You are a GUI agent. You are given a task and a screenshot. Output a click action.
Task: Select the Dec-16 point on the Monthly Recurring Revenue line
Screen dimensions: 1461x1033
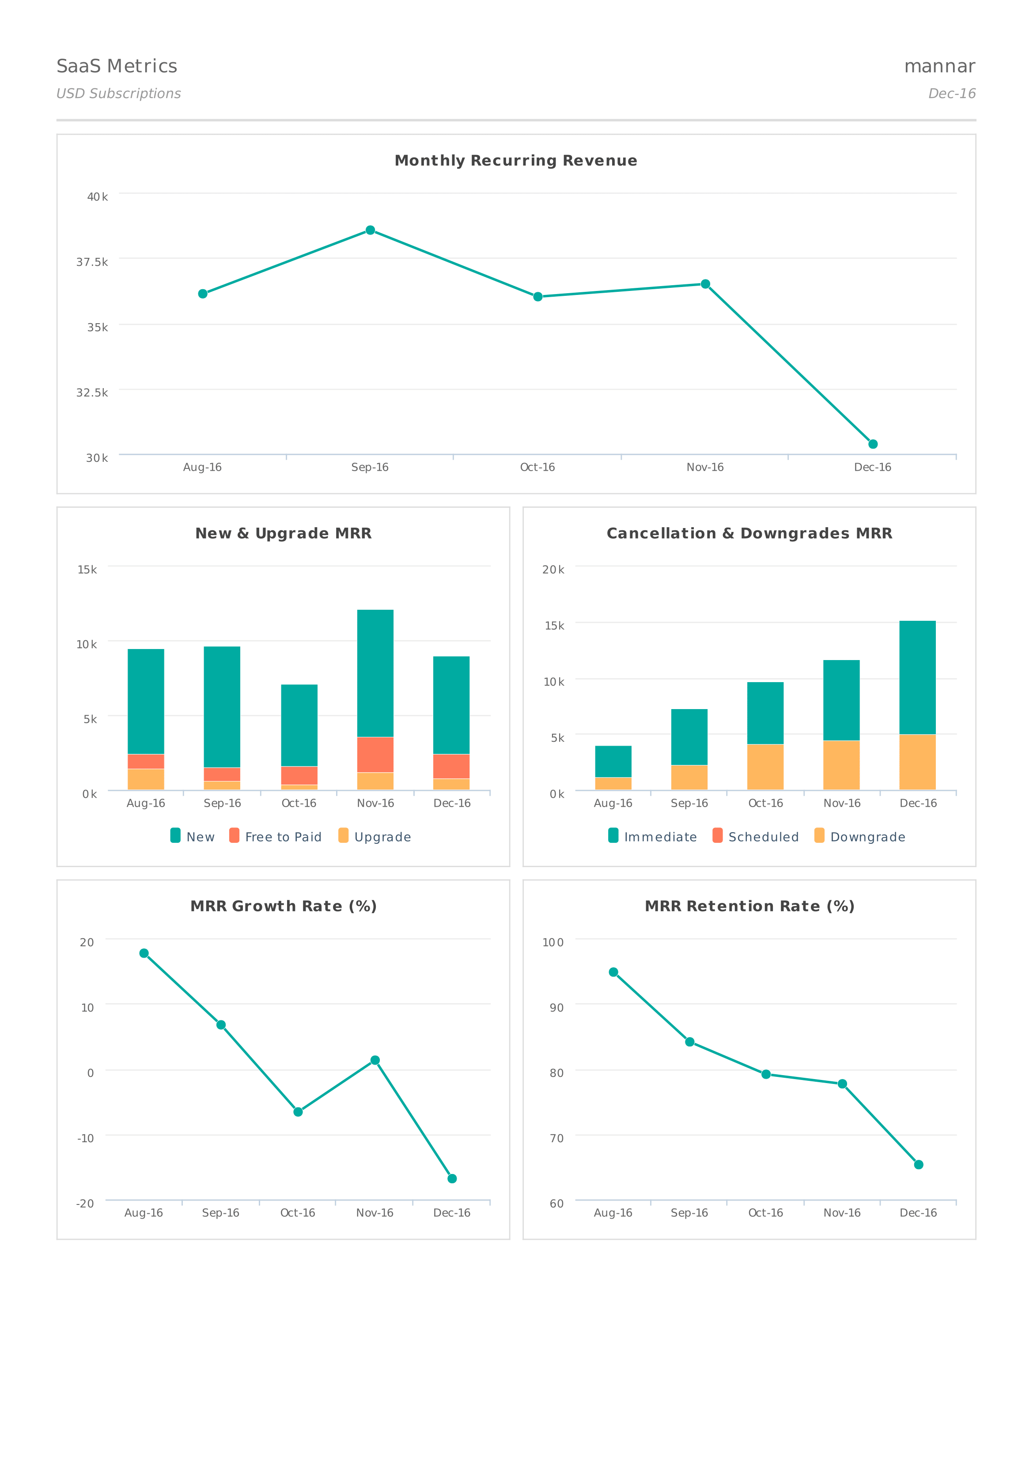[x=873, y=444]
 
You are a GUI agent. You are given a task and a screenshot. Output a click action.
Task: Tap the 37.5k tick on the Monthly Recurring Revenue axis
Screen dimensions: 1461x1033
[x=92, y=262]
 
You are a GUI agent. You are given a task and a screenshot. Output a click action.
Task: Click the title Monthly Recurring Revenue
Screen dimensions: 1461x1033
[x=515, y=160]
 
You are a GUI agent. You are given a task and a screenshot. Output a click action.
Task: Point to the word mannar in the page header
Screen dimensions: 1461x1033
[x=939, y=66]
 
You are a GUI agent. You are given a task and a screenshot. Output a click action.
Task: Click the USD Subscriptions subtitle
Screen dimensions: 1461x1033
[x=118, y=94]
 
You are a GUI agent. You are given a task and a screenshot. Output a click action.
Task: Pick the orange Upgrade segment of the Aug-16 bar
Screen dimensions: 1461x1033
[x=146, y=779]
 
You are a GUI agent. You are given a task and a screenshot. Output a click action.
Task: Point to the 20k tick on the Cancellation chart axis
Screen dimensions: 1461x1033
[x=552, y=570]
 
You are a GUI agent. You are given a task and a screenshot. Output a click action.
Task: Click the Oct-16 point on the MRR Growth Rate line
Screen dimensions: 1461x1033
[x=298, y=1112]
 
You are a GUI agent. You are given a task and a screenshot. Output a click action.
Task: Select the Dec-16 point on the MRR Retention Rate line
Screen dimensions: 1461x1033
[x=919, y=1164]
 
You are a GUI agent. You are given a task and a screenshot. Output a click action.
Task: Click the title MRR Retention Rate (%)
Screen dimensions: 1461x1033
[x=749, y=906]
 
